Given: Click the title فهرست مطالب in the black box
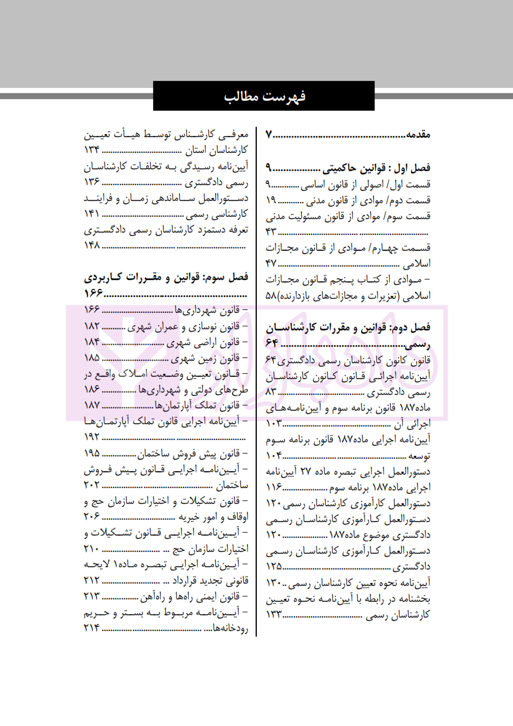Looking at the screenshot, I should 264,96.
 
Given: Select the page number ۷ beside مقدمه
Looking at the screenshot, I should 269,135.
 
